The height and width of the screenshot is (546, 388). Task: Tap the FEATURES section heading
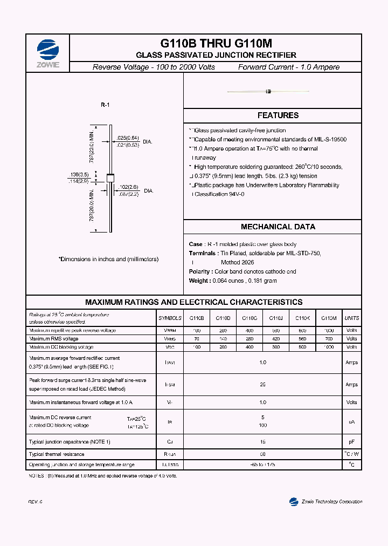click(x=278, y=115)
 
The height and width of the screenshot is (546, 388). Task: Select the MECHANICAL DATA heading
click(x=278, y=227)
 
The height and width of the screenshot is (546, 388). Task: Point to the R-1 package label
click(x=105, y=105)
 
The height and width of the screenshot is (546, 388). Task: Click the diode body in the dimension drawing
click(x=110, y=178)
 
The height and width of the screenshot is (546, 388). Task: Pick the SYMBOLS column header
click(x=170, y=318)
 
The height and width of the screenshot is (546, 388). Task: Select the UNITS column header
click(x=351, y=318)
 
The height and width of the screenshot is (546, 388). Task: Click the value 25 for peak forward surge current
click(x=262, y=385)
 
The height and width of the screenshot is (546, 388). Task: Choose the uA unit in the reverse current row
click(x=351, y=421)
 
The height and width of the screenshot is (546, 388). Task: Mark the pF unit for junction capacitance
click(x=351, y=442)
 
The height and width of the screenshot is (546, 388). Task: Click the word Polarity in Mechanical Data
click(x=200, y=272)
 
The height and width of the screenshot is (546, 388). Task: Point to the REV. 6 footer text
click(x=35, y=502)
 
